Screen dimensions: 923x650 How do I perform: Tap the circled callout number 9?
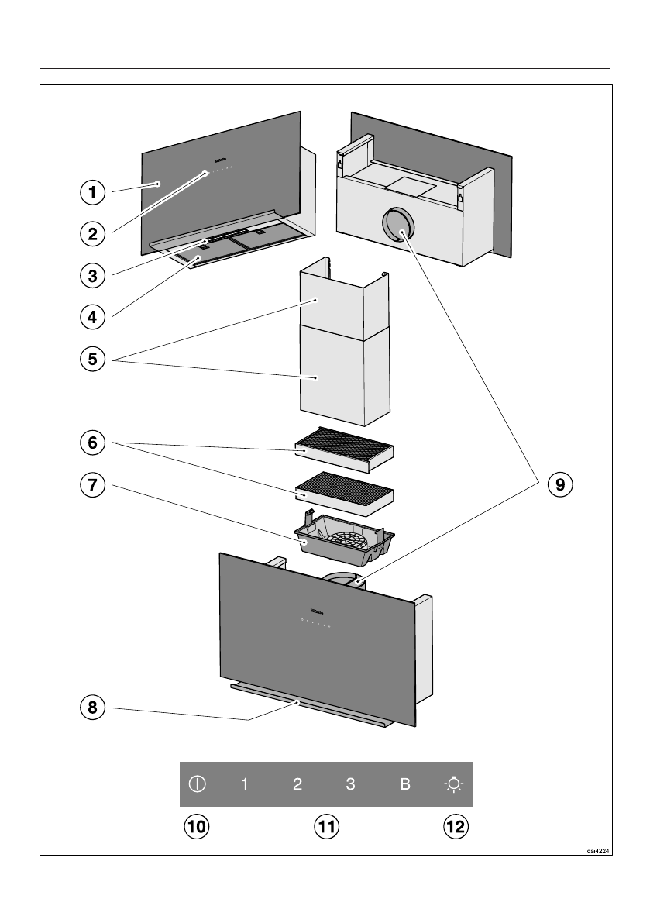[x=558, y=485]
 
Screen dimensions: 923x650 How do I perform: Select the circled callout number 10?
[x=197, y=826]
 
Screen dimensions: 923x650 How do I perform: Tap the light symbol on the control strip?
[x=454, y=784]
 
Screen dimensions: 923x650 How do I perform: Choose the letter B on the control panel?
[x=404, y=784]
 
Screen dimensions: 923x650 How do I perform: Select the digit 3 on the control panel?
[x=350, y=784]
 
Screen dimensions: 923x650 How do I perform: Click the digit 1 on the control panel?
[x=245, y=784]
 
